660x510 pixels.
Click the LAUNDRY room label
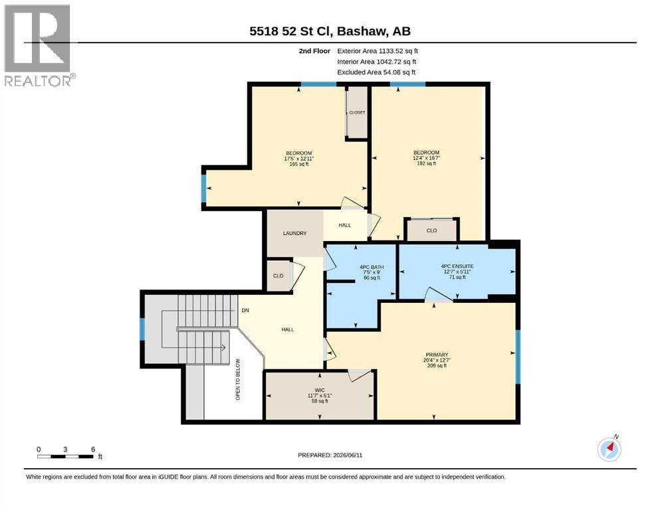294,233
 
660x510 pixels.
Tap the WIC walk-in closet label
320,390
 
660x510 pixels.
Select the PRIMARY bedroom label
437,355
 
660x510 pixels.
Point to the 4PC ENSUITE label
457,266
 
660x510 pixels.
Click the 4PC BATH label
372,267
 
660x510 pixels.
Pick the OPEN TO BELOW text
238,379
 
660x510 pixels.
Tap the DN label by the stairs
245,310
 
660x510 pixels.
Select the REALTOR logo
39,45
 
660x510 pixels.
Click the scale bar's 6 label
93,449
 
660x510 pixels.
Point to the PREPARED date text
330,455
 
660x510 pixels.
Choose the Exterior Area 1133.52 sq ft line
378,51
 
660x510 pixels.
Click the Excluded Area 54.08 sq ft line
376,72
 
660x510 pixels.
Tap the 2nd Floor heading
314,51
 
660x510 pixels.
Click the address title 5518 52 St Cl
291,31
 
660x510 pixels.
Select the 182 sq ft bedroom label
427,163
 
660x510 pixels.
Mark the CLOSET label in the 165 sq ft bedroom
358,113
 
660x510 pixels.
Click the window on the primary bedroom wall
518,357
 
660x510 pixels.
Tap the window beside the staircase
142,329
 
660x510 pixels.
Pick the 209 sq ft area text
437,366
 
